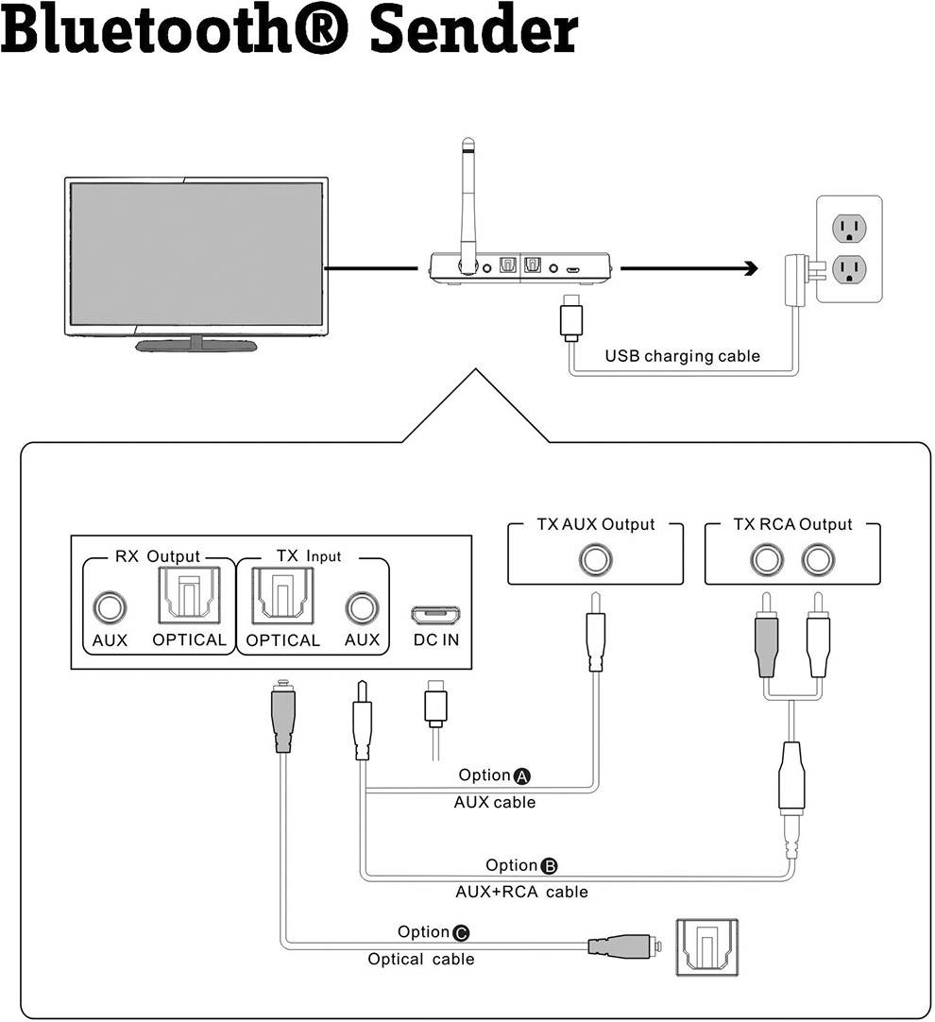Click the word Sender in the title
(472, 31)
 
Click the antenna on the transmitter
(467, 203)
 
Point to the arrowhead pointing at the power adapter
(750, 269)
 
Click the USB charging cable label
(682, 356)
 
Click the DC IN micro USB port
(435, 615)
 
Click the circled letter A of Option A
(522, 776)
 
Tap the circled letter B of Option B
(550, 866)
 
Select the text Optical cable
(420, 960)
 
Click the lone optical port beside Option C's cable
(706, 946)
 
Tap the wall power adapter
(794, 281)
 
